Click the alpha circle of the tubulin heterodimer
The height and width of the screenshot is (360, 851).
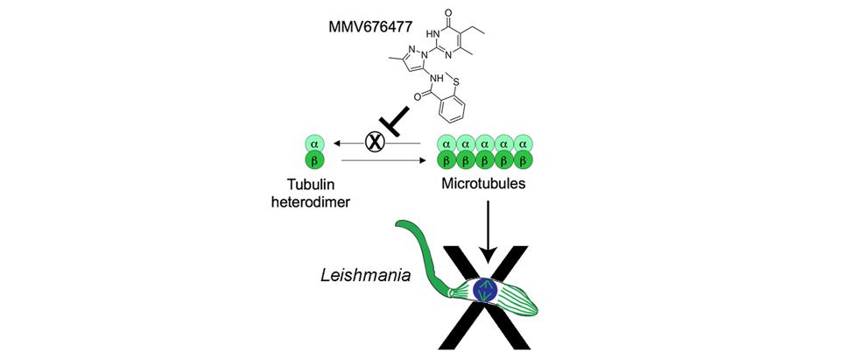[313, 142]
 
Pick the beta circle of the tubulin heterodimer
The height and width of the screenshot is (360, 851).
[313, 161]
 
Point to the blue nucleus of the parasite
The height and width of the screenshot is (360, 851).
[483, 290]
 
